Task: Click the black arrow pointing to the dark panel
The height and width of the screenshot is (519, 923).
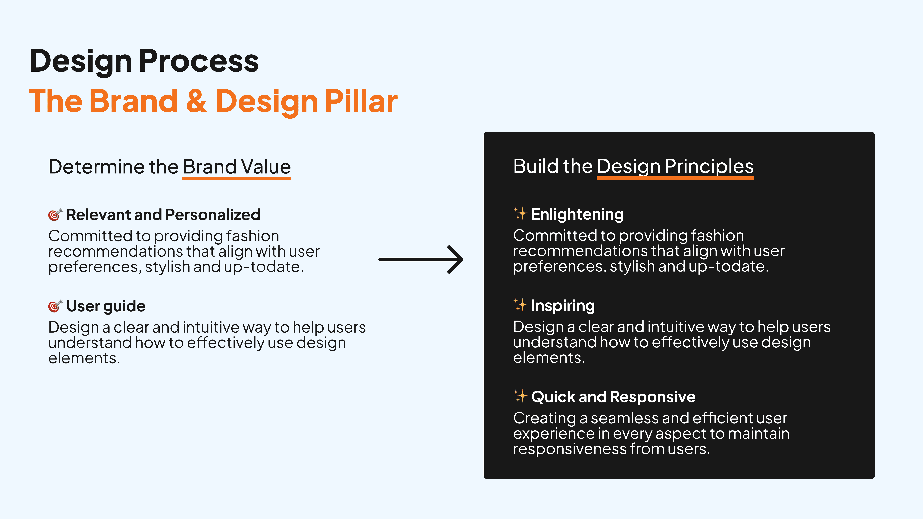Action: [x=421, y=259]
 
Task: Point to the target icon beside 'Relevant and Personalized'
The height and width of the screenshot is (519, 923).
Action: [x=56, y=215]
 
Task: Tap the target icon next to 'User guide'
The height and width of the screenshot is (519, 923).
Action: [x=56, y=306]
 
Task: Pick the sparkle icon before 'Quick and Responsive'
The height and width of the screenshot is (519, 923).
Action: [x=520, y=396]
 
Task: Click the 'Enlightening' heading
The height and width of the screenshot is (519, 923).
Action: [x=577, y=215]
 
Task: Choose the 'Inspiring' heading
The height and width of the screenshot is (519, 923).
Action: [x=563, y=306]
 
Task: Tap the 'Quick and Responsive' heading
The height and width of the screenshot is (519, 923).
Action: [x=613, y=397]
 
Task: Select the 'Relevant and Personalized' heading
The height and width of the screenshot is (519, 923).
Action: [x=163, y=215]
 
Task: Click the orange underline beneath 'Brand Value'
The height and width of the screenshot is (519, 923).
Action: [x=237, y=178]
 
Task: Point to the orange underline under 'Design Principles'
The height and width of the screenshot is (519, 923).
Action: [x=675, y=178]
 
